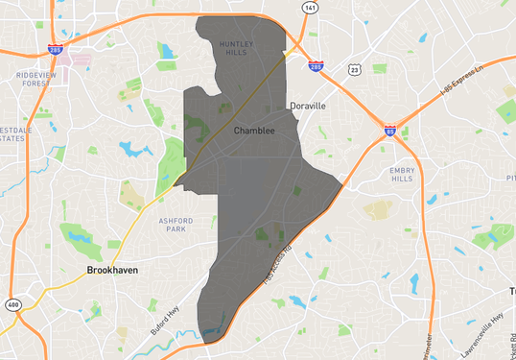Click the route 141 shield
[309, 8]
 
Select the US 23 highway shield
[355, 70]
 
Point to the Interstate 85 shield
[390, 129]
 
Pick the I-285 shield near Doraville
[317, 66]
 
